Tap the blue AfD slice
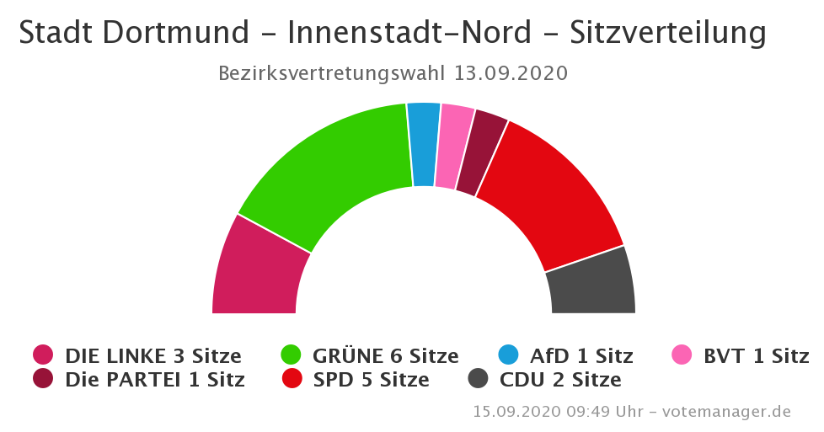pyautogui.click(x=424, y=144)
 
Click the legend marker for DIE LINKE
pyautogui.click(x=43, y=355)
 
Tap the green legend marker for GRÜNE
pyautogui.click(x=291, y=355)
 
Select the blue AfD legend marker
pyautogui.click(x=508, y=355)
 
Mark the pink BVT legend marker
pyautogui.click(x=682, y=355)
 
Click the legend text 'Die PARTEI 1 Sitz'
pyautogui.click(x=154, y=380)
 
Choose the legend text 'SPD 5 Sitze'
pyautogui.click(x=371, y=380)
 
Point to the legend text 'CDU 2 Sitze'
pyautogui.click(x=560, y=380)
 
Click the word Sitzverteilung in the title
pyautogui.click(x=667, y=33)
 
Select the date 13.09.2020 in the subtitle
pyautogui.click(x=511, y=73)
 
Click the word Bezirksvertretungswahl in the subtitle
pyautogui.click(x=331, y=73)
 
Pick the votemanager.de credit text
pyautogui.click(x=726, y=412)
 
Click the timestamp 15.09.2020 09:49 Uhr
pyautogui.click(x=558, y=412)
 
